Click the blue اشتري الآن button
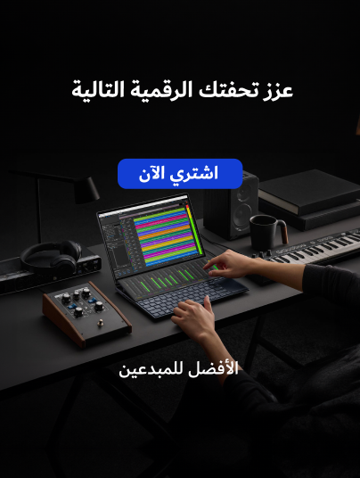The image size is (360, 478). tap(180, 174)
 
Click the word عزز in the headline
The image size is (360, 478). tap(278, 90)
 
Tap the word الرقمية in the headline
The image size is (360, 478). tap(161, 89)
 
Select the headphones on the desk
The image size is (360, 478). tap(52, 255)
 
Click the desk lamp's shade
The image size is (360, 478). tap(86, 191)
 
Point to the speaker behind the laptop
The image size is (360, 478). tap(231, 205)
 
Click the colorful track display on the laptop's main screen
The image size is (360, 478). tap(165, 235)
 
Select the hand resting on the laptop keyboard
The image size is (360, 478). tap(195, 318)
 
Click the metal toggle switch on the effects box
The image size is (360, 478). tap(100, 322)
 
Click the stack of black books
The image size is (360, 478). tap(309, 200)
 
